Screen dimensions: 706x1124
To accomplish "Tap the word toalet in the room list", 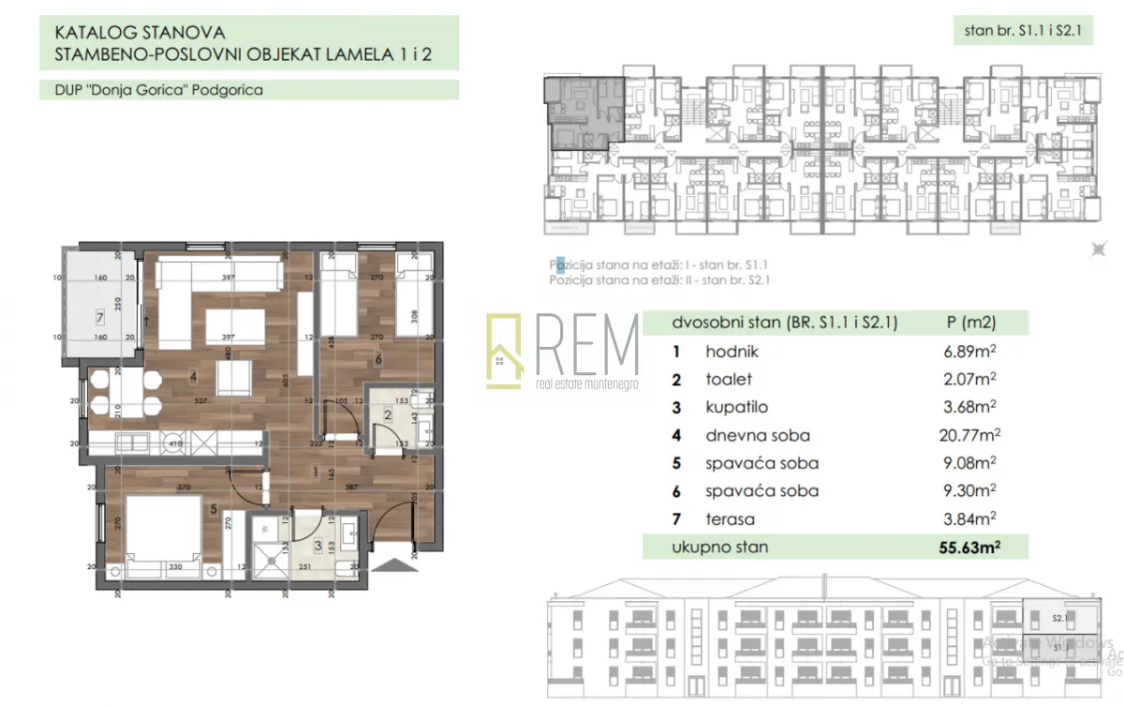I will (729, 380).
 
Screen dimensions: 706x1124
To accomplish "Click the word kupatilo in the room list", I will (735, 408).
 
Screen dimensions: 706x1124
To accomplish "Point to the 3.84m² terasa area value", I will (969, 518).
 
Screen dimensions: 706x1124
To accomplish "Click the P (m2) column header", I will (971, 323).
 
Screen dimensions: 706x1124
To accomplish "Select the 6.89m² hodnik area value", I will (969, 352).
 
